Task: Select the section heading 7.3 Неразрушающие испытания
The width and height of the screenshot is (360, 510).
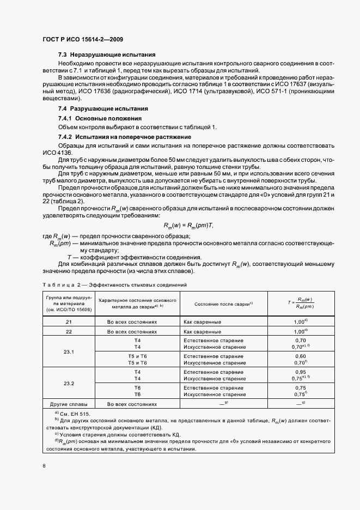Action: [107, 54]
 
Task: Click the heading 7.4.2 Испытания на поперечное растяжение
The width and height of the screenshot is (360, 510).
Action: [124, 136]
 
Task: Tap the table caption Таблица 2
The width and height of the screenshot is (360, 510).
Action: [60, 284]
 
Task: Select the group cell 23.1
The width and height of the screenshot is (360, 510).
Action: [69, 351]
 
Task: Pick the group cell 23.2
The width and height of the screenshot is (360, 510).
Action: [69, 383]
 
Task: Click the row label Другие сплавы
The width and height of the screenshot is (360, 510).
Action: [69, 404]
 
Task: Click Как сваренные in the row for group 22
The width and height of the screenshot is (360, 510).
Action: [202, 331]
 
